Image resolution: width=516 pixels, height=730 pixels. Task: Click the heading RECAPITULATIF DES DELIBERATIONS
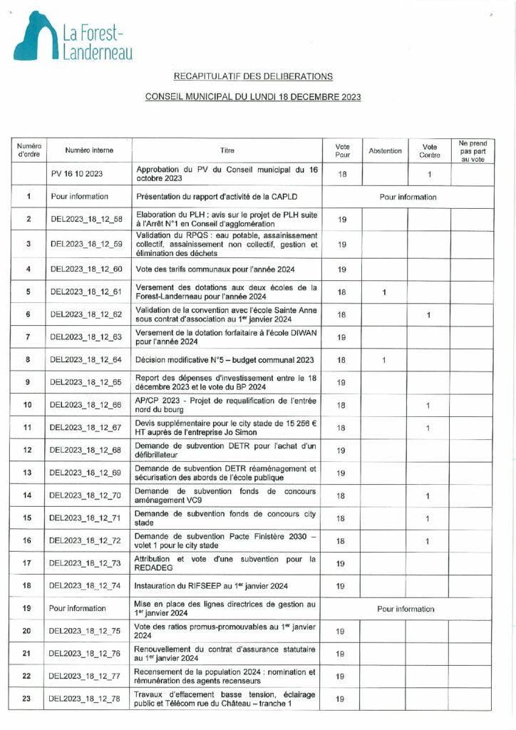[x=253, y=76]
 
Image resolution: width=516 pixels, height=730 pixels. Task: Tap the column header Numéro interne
[x=89, y=150]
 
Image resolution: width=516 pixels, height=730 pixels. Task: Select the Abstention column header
[x=385, y=150]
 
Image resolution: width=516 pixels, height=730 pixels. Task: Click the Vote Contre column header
[x=428, y=150]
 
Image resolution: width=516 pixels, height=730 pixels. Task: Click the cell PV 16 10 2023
[x=78, y=174]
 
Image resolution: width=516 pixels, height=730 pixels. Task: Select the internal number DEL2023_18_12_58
[x=87, y=219]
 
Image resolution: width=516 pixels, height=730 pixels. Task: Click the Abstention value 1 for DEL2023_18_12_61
[x=384, y=292]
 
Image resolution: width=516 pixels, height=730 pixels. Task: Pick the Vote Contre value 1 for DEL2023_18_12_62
[x=428, y=314]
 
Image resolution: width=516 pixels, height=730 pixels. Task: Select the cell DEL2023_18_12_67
[x=87, y=428]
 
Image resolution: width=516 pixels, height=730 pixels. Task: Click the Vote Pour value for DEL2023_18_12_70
[x=341, y=495]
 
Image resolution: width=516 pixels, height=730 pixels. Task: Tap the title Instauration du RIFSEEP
[x=212, y=586]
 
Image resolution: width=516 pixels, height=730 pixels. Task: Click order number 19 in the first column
[x=28, y=609]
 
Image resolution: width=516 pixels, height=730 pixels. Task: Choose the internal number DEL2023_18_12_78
[x=87, y=699]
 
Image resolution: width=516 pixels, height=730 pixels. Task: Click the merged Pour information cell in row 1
[x=407, y=197]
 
